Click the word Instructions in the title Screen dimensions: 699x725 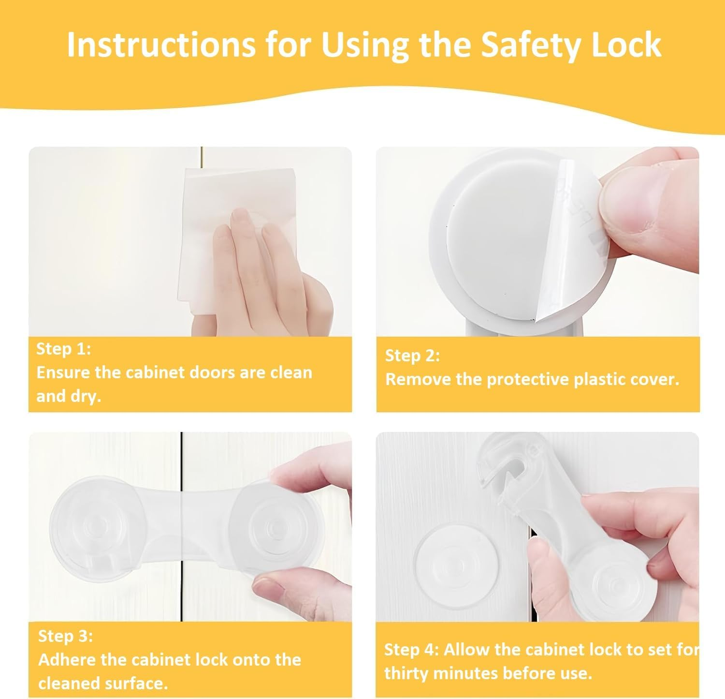pos(160,45)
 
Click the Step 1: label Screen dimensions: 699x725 pos(63,349)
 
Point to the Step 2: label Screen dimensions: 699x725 pos(412,356)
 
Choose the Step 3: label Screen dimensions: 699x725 pos(65,636)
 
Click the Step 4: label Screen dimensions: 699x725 pos(411,650)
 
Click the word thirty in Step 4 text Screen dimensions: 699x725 pos(409,673)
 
